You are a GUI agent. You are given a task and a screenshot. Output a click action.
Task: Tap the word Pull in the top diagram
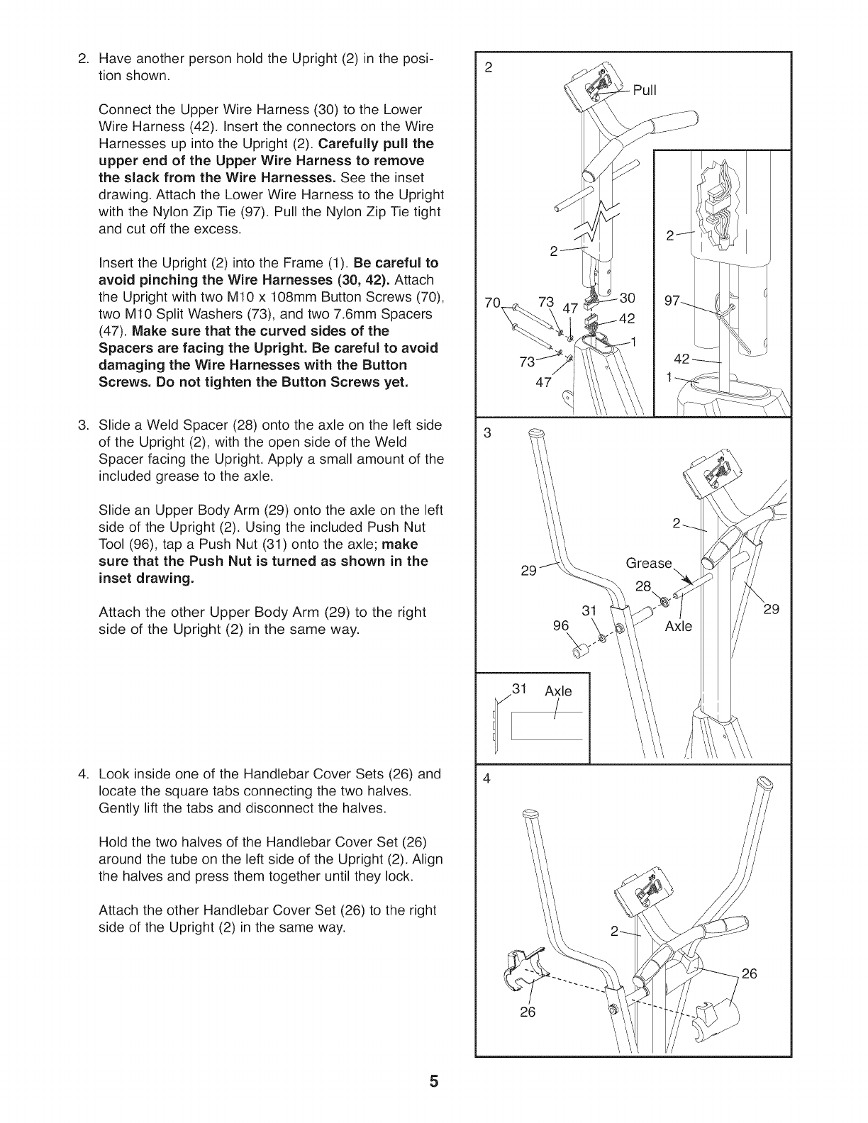point(645,90)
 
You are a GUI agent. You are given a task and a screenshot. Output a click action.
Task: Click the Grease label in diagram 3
point(649,563)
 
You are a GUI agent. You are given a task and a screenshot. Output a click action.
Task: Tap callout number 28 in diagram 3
point(643,586)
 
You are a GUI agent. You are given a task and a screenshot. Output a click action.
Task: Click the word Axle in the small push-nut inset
point(558,691)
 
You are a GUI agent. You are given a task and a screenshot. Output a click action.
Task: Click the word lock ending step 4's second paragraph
point(399,876)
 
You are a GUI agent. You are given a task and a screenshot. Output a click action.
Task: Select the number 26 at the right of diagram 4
point(749,973)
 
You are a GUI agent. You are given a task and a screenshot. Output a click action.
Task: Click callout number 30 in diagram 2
point(627,298)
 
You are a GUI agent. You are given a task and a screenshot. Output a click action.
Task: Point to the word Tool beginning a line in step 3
point(112,544)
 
